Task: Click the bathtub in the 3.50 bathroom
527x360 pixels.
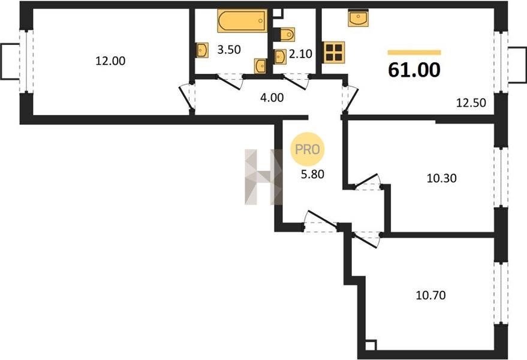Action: (242, 20)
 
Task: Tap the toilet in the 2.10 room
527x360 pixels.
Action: (285, 34)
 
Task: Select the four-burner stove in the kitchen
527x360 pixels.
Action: (334, 52)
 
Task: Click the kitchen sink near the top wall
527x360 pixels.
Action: (359, 18)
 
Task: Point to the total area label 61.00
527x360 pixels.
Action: (414, 70)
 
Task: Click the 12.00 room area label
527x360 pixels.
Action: (110, 61)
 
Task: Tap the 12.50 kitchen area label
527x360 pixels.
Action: (471, 103)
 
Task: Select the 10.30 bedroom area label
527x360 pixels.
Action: (442, 178)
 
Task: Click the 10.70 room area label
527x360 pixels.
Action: (431, 295)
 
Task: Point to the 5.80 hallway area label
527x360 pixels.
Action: (312, 174)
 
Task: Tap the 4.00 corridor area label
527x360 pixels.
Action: (272, 98)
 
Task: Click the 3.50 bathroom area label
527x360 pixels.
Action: (229, 50)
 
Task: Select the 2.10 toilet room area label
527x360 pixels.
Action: (301, 54)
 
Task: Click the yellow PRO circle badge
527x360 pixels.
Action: (307, 149)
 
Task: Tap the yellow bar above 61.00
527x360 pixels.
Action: (414, 52)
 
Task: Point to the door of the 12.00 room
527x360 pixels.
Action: (186, 98)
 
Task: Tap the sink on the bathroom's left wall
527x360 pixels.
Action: (201, 50)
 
